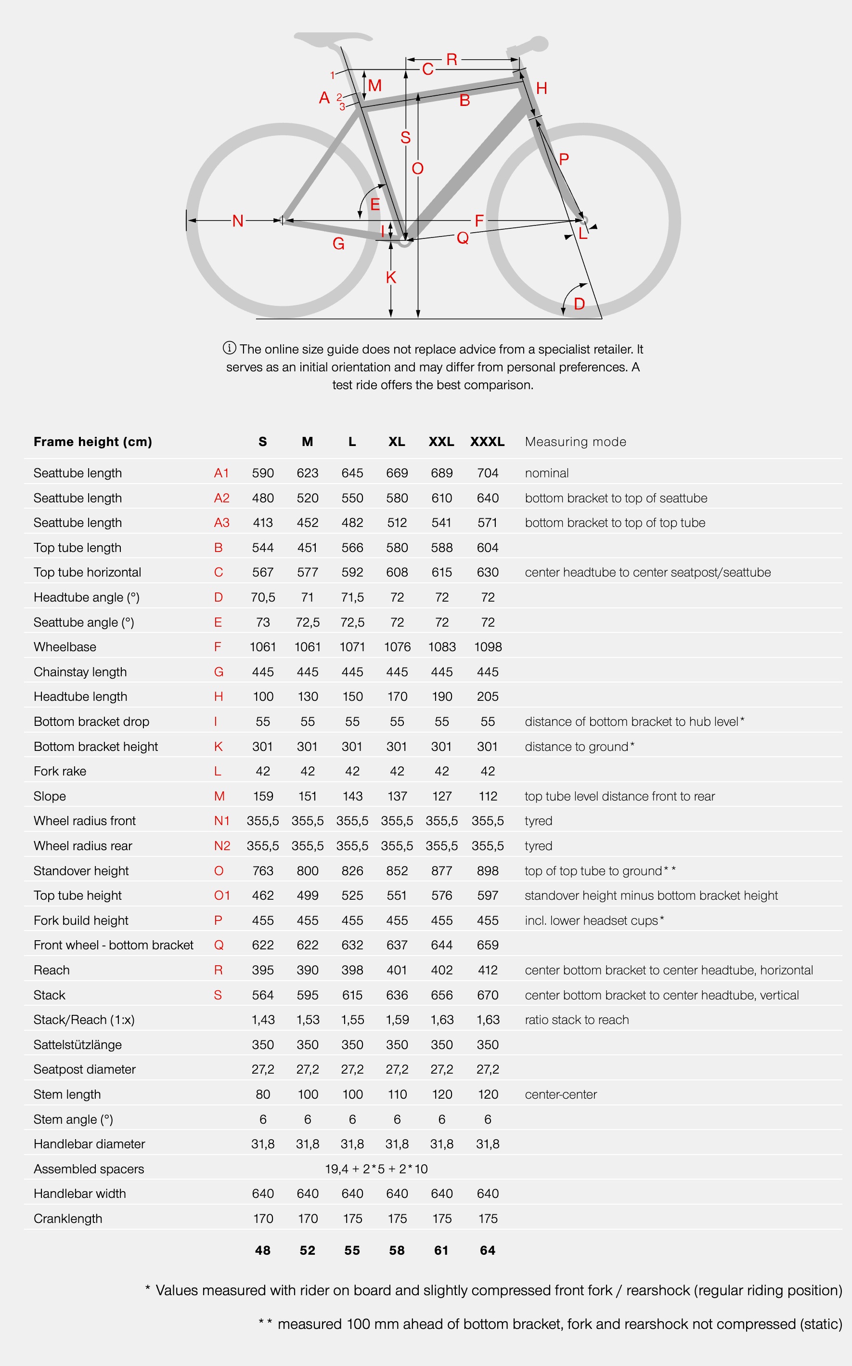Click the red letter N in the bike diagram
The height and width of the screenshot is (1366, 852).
point(238,221)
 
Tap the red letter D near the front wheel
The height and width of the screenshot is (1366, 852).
point(579,304)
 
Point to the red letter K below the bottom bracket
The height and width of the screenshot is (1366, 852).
point(391,277)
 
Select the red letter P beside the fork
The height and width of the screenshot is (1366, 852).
point(564,159)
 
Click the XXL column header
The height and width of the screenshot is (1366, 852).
point(441,441)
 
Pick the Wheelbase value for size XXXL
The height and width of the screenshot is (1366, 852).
point(488,647)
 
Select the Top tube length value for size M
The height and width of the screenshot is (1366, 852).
point(308,548)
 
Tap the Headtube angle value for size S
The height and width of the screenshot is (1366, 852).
point(263,597)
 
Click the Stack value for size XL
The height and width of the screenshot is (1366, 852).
point(397,995)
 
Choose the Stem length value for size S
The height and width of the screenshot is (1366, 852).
point(263,1094)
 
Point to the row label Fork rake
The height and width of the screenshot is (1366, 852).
point(60,771)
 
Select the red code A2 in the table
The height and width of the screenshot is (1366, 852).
point(221,498)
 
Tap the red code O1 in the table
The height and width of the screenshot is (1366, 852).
point(221,895)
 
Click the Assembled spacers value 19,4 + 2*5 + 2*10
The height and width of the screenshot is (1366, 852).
point(376,1169)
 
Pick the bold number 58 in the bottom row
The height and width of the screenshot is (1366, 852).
point(397,1250)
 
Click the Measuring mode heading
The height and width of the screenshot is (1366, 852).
point(575,441)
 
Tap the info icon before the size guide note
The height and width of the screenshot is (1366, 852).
point(229,348)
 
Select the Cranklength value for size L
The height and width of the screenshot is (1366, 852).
point(352,1218)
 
